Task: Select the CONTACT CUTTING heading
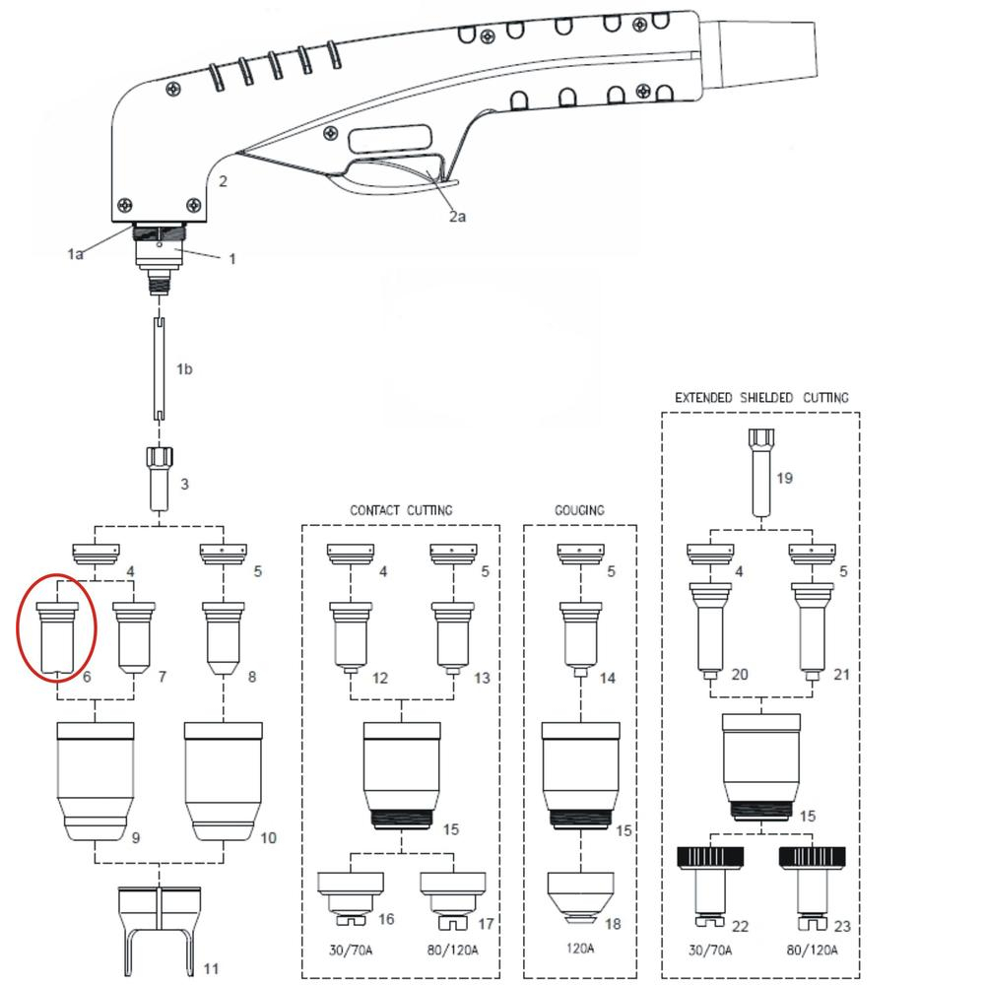point(401,510)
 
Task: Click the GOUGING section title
point(579,510)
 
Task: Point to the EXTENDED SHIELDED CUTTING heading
point(760,397)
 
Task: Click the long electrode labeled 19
point(758,472)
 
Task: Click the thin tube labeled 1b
point(159,369)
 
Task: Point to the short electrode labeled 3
point(159,478)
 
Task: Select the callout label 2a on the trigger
point(456,217)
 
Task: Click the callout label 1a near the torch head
point(76,254)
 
